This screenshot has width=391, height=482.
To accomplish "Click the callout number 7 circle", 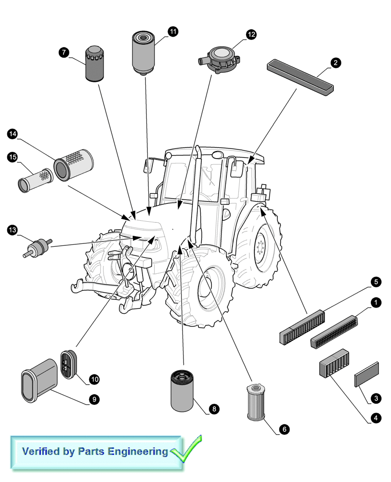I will (x=65, y=52).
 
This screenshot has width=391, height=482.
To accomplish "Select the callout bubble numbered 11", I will (x=173, y=32).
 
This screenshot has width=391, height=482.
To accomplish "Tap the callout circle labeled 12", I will (x=251, y=34).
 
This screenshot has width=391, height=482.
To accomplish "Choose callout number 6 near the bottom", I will (x=284, y=428).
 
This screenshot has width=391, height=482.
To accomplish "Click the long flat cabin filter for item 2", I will (x=300, y=75).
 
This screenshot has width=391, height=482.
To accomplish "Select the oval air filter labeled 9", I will (x=38, y=381).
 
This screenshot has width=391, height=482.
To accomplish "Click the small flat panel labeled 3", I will (x=367, y=374).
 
